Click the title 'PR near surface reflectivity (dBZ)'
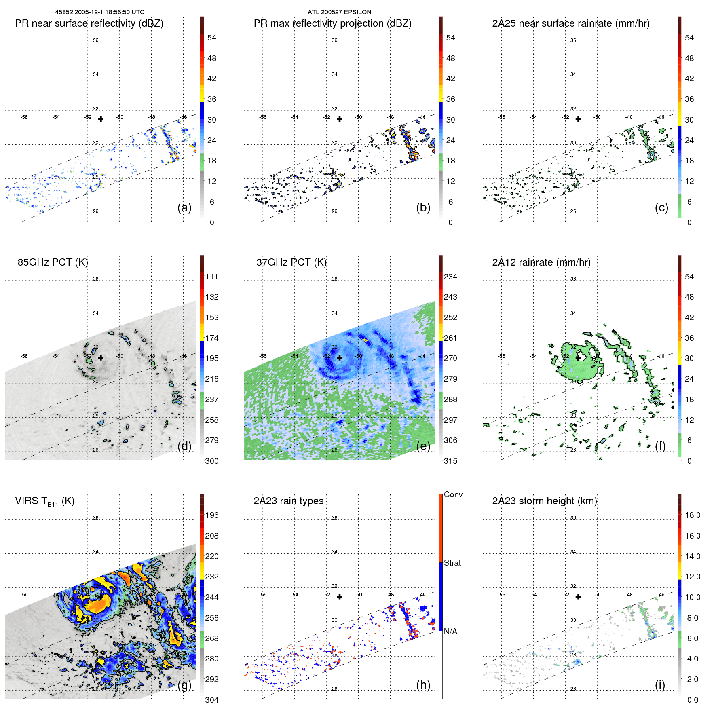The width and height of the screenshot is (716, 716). pyautogui.click(x=89, y=23)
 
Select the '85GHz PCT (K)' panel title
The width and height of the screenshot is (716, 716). pyautogui.click(x=53, y=262)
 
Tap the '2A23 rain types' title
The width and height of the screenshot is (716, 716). pyautogui.click(x=288, y=501)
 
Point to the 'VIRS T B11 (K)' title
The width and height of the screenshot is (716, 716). pyautogui.click(x=44, y=501)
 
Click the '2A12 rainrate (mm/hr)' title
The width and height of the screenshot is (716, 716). pyautogui.click(x=541, y=262)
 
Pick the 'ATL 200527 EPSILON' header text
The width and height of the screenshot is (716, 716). pyautogui.click(x=339, y=12)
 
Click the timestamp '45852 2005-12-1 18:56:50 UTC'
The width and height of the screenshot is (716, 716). pyautogui.click(x=100, y=12)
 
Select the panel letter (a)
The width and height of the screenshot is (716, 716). pyautogui.click(x=184, y=207)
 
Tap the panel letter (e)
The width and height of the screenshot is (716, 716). pyautogui.click(x=423, y=446)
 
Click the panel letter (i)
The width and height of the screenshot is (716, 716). pyautogui.click(x=660, y=685)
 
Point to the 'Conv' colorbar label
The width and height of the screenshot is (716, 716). pyautogui.click(x=453, y=495)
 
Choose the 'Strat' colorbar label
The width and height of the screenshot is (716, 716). pyautogui.click(x=452, y=563)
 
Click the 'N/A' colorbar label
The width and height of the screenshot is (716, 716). pyautogui.click(x=450, y=632)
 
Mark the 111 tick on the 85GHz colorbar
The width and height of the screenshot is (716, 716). pyautogui.click(x=211, y=277)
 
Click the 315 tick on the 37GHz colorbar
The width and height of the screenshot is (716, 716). pyautogui.click(x=450, y=461)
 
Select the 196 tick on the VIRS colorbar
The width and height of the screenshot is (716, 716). pyautogui.click(x=211, y=515)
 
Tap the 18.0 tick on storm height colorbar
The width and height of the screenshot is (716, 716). pyautogui.click(x=692, y=515)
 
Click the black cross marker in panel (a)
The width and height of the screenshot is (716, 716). pyautogui.click(x=101, y=119)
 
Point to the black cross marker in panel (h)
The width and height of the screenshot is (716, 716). pyautogui.click(x=340, y=596)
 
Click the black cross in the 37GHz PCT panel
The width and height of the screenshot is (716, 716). pyautogui.click(x=340, y=358)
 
